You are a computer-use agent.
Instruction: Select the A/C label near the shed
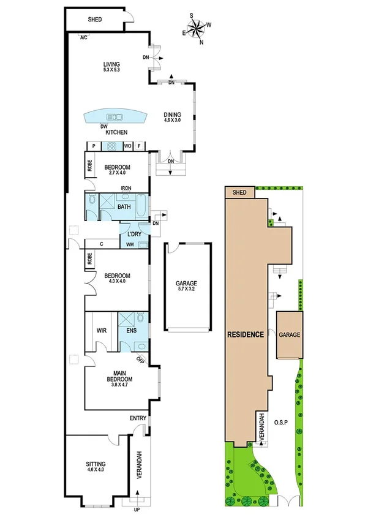(83, 38)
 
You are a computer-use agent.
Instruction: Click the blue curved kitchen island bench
(115, 116)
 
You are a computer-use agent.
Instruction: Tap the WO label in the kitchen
(128, 146)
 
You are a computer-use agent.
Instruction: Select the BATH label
(124, 207)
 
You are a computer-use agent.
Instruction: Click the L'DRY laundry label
(135, 234)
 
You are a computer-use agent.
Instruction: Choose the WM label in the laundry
(130, 245)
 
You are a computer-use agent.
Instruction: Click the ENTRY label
(138, 418)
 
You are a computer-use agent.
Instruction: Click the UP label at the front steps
(137, 510)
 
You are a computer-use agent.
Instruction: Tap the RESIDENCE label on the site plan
(246, 334)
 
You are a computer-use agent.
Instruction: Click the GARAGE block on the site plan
(290, 336)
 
